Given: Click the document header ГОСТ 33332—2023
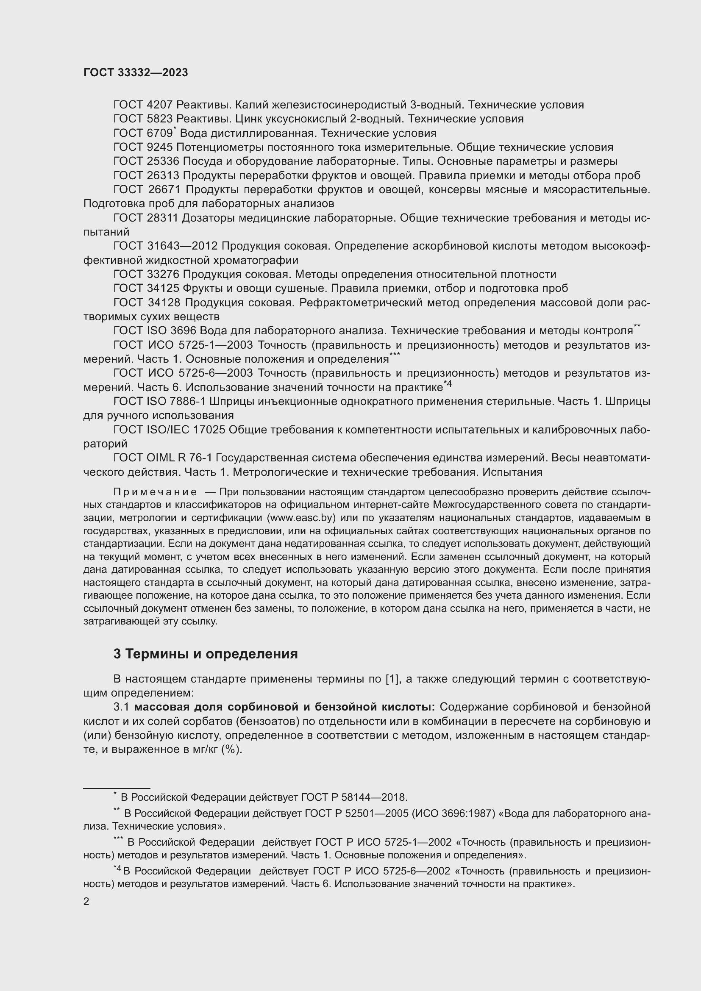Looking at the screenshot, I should point(136,72).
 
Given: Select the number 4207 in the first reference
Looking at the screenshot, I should point(160,105).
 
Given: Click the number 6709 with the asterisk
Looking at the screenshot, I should point(159,133).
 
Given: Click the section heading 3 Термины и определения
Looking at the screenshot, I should point(206,654).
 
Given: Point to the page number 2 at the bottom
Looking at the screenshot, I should point(86,902).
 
